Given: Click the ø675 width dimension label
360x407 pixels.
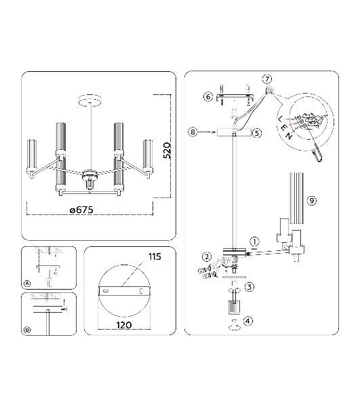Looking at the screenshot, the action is [81, 210].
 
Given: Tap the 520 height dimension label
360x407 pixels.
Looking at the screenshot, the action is [167, 151].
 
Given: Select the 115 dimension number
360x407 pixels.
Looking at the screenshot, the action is [155, 256].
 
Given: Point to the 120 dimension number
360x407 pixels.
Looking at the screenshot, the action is [123, 325].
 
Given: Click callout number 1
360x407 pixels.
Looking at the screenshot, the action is [254, 241].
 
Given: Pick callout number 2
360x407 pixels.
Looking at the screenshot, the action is [207, 257].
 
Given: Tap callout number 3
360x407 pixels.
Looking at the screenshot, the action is [249, 287].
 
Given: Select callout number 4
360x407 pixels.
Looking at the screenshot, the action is [247, 321].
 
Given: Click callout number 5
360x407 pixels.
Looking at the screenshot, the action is [257, 133].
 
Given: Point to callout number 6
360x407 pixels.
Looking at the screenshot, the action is [207, 97].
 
